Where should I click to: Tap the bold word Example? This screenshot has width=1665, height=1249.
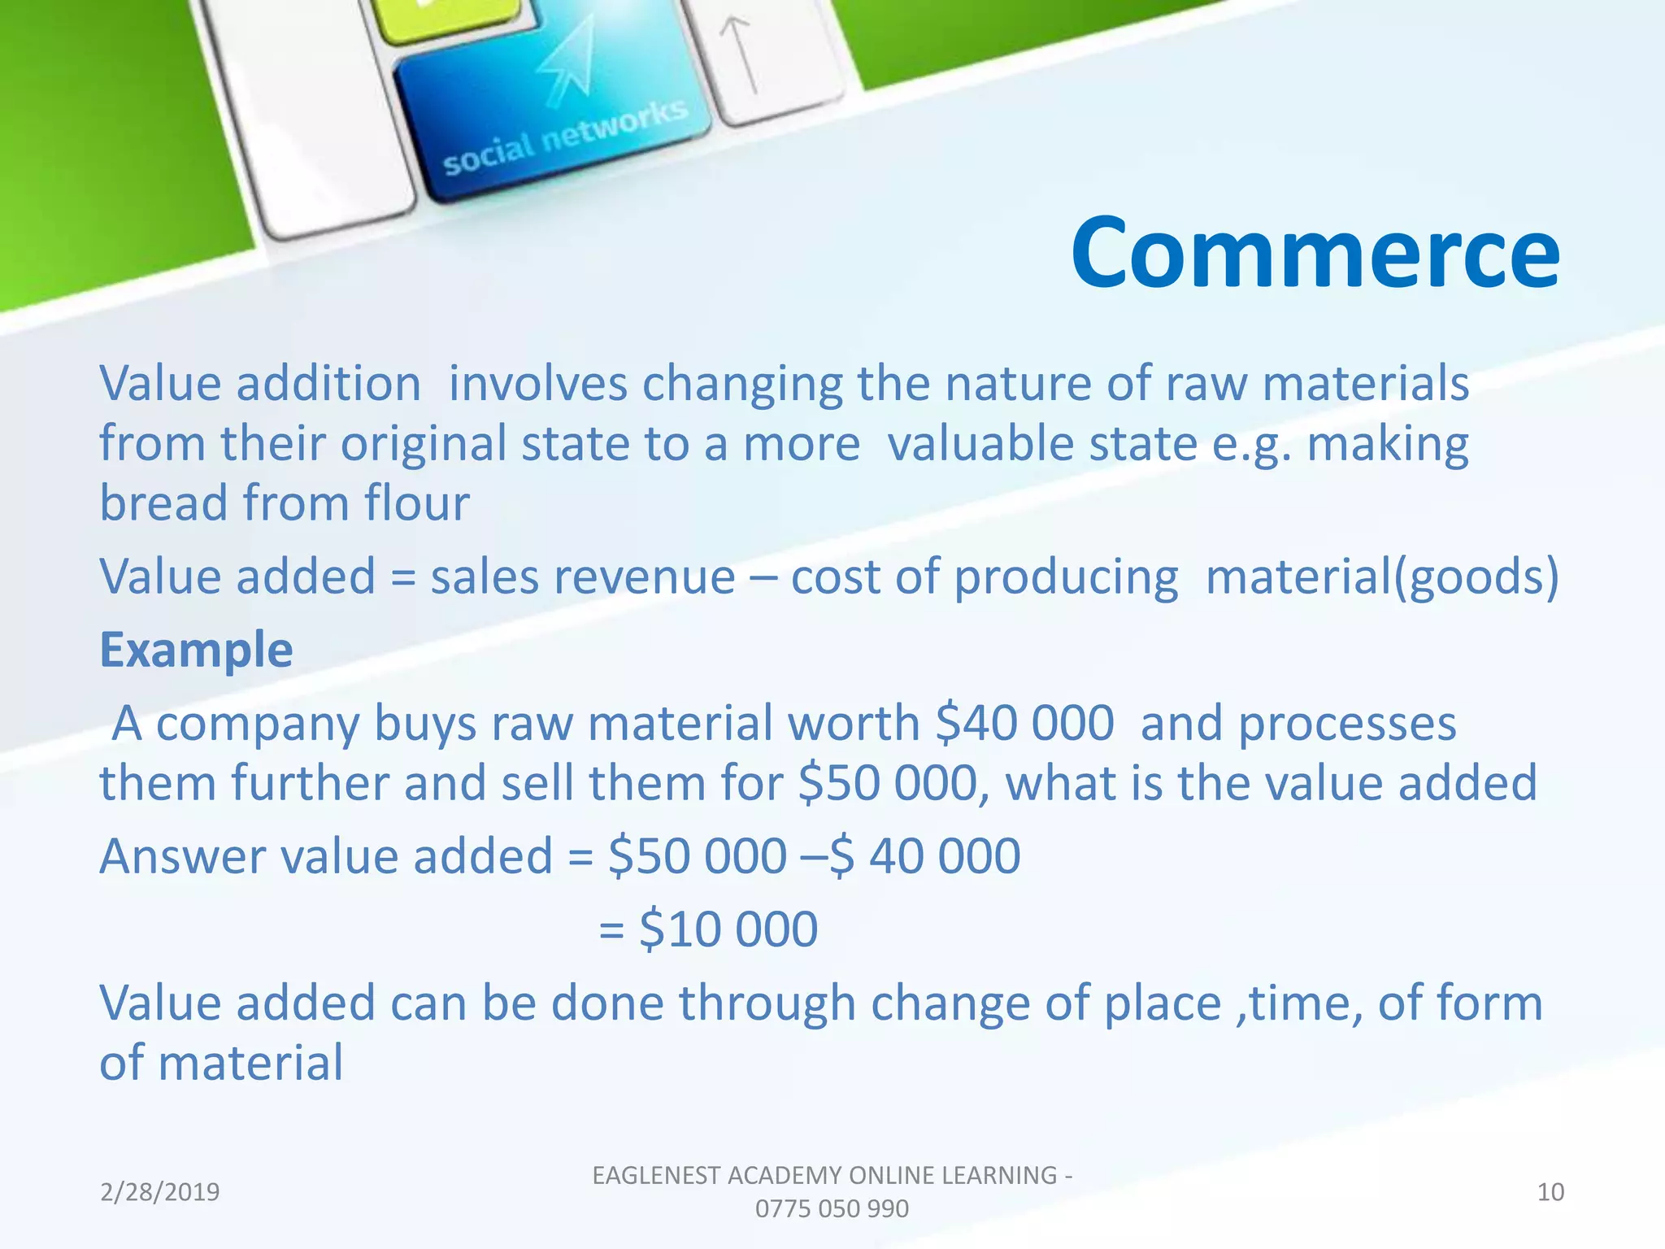point(196,650)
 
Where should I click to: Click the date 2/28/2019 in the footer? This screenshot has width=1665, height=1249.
point(159,1192)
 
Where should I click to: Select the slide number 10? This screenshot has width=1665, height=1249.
point(1550,1192)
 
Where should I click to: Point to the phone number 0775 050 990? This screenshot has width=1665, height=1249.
point(831,1209)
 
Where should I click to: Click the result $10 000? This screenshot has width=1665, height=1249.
point(728,929)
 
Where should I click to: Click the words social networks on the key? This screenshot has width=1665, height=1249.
point(565,138)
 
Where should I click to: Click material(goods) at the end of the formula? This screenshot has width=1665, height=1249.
point(1382,577)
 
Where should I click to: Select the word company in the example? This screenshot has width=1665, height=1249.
point(256,724)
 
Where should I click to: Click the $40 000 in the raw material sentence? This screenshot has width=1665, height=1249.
point(1024,723)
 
